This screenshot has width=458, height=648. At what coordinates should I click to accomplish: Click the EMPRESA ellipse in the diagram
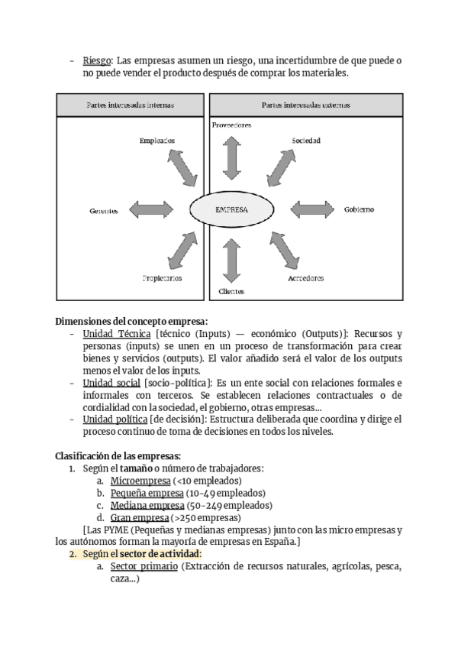pyautogui.click(x=231, y=209)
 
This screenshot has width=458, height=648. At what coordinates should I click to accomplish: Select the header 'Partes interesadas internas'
pyautogui.click(x=130, y=105)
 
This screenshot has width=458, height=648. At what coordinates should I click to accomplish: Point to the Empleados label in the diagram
pyautogui.click(x=157, y=141)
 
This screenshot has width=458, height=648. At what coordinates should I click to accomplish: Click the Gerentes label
pyautogui.click(x=103, y=211)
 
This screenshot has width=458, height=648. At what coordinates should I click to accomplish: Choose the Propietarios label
pyautogui.click(x=162, y=278)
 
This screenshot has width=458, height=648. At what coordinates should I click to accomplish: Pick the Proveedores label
pyautogui.click(x=231, y=125)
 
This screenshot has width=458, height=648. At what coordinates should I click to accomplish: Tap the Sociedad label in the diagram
pyautogui.click(x=305, y=141)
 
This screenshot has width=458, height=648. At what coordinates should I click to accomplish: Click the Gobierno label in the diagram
pyautogui.click(x=359, y=209)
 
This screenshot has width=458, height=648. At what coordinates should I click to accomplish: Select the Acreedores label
pyautogui.click(x=305, y=278)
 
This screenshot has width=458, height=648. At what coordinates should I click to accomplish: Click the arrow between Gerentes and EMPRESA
pyautogui.click(x=156, y=209)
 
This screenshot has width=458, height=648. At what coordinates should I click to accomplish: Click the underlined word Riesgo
pyautogui.click(x=97, y=60)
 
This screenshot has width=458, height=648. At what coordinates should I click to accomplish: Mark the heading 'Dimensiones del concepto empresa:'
pyautogui.click(x=131, y=321)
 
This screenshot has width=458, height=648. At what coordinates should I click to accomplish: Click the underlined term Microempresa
pyautogui.click(x=140, y=481)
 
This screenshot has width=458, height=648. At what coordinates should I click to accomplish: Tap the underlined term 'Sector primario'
pyautogui.click(x=144, y=566)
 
